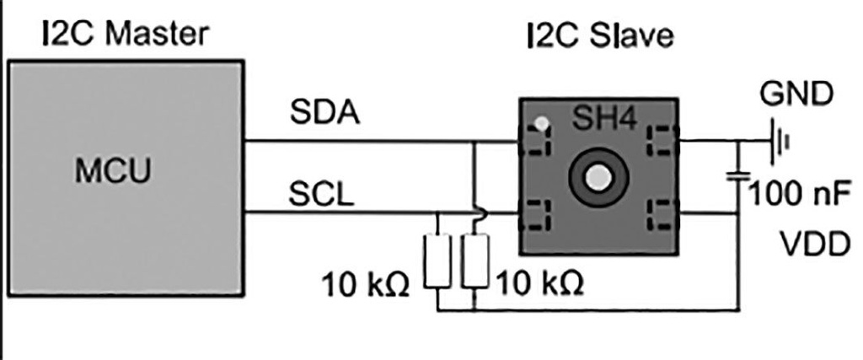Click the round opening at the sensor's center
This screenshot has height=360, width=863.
click(x=598, y=177)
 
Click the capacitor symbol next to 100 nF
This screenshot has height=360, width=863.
click(x=738, y=176)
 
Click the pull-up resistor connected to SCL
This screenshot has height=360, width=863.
click(x=438, y=262)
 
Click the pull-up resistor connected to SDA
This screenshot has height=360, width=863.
click(x=475, y=262)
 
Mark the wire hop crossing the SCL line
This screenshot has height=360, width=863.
click(x=475, y=214)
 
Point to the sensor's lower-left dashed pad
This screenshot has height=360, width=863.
click(x=539, y=217)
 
